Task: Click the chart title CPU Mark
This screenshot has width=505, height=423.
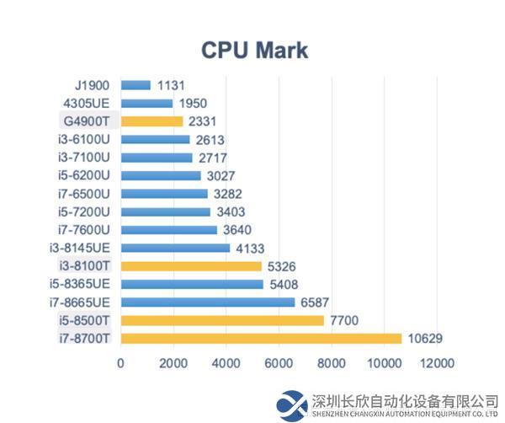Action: (x=254, y=50)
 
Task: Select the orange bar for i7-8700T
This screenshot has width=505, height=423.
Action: (x=261, y=339)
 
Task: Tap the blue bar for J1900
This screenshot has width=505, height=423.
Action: (x=136, y=85)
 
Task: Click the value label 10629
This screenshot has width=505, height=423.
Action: (x=426, y=339)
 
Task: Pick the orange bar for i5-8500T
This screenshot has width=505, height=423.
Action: (x=222, y=320)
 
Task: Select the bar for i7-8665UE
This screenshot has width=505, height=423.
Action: (x=208, y=302)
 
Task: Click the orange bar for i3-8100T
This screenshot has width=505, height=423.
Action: (x=191, y=266)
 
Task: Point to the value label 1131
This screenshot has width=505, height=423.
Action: (x=170, y=85)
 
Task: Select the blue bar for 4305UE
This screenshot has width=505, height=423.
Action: (x=146, y=103)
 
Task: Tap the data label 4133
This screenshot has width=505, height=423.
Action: (x=251, y=248)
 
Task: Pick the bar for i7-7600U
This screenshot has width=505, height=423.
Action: (x=168, y=229)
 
